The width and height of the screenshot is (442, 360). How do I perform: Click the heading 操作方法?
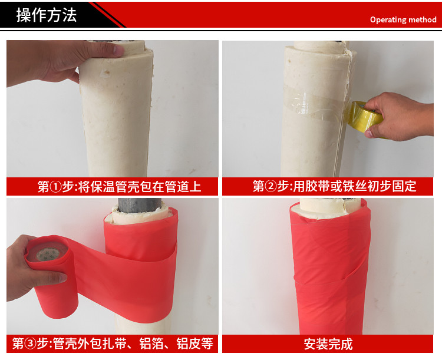tap(47, 15)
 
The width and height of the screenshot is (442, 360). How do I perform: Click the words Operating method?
tap(403, 19)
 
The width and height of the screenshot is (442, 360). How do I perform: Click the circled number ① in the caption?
tap(56, 187)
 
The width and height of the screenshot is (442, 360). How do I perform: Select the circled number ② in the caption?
tap(271, 186)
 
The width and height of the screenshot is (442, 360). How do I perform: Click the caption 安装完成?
tap(328, 344)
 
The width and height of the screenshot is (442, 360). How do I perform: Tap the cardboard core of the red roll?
tap(47, 252)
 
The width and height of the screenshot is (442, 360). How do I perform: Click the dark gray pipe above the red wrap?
tap(140, 204)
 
